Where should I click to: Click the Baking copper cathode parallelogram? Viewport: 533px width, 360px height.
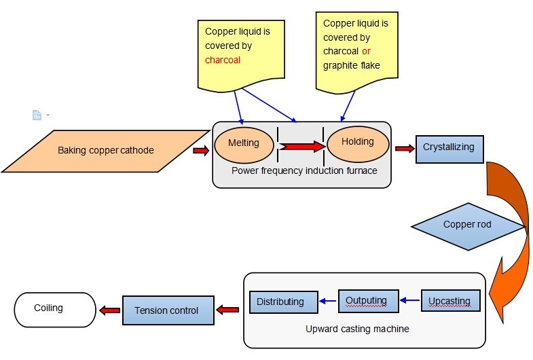pyautogui.click(x=105, y=151)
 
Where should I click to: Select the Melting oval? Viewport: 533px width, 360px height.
pyautogui.click(x=244, y=143)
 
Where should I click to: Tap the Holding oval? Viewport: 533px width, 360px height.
pyautogui.click(x=358, y=143)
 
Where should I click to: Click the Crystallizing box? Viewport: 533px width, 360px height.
pyautogui.click(x=449, y=147)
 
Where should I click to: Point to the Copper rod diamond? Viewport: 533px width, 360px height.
pyautogui.click(x=467, y=225)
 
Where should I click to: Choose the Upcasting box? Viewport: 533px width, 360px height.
pyautogui.click(x=449, y=300)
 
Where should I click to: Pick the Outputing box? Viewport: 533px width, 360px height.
pyautogui.click(x=366, y=300)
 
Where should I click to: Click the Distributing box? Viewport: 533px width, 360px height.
pyautogui.click(x=284, y=302)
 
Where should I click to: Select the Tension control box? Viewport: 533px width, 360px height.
pyautogui.click(x=167, y=310)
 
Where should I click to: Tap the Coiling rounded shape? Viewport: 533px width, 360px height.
pyautogui.click(x=55, y=309)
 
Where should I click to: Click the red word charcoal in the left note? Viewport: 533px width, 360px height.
pyautogui.click(x=223, y=60)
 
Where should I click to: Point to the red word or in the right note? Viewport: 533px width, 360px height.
pyautogui.click(x=366, y=52)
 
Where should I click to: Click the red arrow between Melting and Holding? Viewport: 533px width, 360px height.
pyautogui.click(x=301, y=145)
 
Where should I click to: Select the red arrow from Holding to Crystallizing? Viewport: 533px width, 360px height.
pyautogui.click(x=405, y=149)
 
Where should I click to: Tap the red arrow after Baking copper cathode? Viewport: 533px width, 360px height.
pyautogui.click(x=201, y=151)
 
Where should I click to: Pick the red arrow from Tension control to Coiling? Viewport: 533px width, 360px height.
pyautogui.click(x=110, y=310)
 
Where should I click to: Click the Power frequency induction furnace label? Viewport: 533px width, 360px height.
pyautogui.click(x=304, y=170)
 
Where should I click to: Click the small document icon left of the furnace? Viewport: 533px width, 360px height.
pyautogui.click(x=37, y=115)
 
